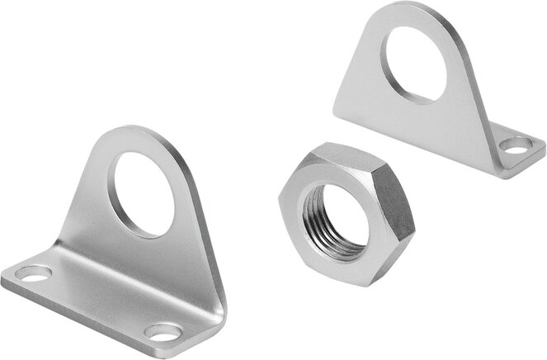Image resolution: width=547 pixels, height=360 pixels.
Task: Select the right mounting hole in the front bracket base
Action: click(162, 332)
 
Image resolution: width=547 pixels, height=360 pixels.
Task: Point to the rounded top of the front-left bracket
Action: click(132, 132)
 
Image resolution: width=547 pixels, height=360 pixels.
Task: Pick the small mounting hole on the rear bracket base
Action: click(516, 149)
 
